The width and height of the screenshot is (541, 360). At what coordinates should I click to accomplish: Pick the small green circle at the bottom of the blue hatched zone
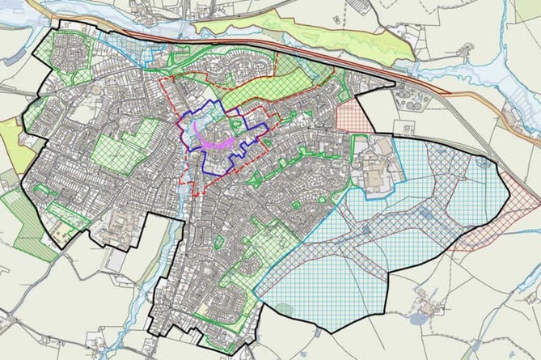click(284, 307)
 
